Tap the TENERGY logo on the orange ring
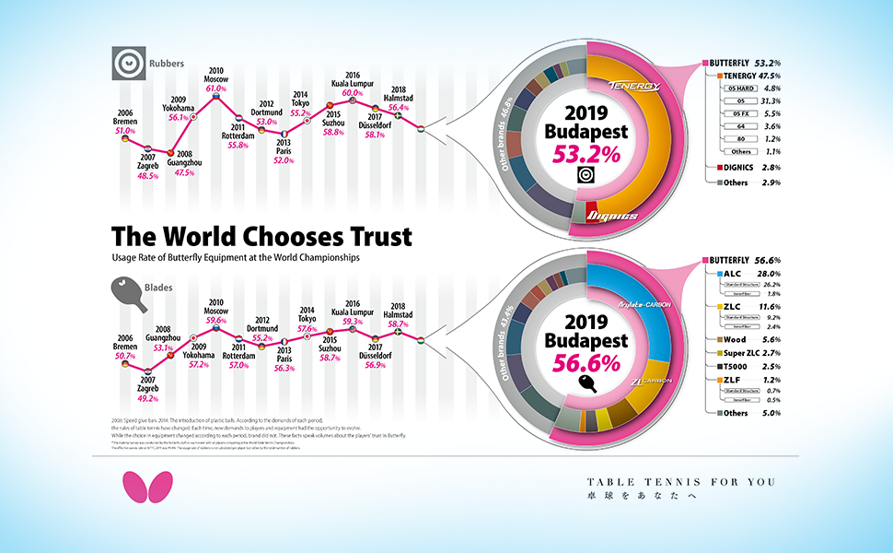634,86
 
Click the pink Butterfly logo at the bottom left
140,487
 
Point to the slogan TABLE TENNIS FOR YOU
682,482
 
